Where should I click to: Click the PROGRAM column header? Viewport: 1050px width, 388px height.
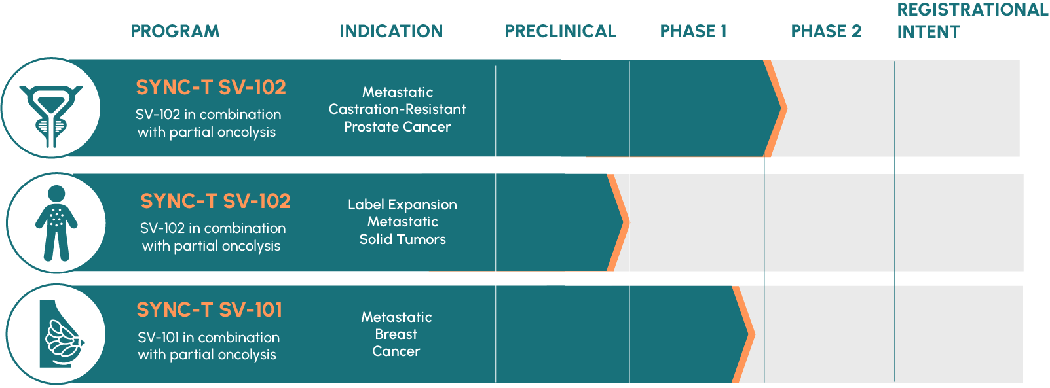click(175, 31)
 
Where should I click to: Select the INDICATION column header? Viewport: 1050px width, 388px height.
click(392, 31)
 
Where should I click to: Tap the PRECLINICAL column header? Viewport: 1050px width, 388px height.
click(561, 31)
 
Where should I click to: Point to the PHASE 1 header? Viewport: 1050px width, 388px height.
click(693, 31)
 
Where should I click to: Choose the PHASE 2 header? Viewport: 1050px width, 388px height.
click(827, 31)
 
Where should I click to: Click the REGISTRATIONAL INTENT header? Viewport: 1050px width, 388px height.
click(973, 21)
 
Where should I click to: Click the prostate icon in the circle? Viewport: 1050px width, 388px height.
click(51, 116)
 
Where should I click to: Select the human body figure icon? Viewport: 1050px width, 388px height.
click(56, 223)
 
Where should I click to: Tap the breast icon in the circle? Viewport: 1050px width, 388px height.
click(62, 334)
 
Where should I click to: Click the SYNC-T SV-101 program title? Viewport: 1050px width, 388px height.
click(210, 310)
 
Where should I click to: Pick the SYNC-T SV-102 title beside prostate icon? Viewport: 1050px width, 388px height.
click(211, 88)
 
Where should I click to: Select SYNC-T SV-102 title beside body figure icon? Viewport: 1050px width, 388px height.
click(216, 202)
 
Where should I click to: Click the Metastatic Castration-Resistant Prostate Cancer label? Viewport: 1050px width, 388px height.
click(398, 109)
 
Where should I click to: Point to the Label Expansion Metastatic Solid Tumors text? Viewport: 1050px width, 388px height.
click(403, 222)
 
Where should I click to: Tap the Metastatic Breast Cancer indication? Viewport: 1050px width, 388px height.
click(396, 334)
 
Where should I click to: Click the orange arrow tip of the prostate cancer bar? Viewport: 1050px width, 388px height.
click(787, 108)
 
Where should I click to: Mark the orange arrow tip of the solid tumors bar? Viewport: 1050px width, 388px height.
click(629, 222)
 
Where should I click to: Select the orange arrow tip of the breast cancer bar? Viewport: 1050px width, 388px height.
click(755, 334)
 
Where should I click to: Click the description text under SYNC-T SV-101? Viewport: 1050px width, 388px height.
click(208, 346)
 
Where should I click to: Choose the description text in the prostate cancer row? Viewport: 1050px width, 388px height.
click(208, 123)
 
